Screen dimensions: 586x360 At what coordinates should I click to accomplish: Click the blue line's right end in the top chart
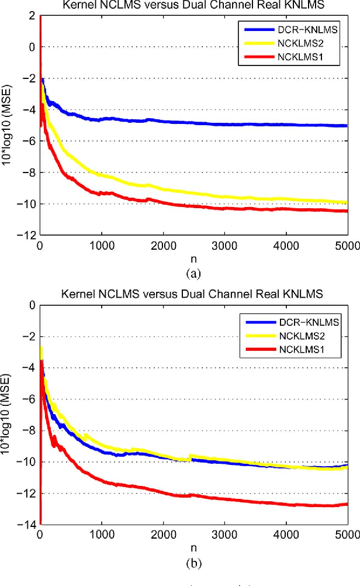coord(347,125)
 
